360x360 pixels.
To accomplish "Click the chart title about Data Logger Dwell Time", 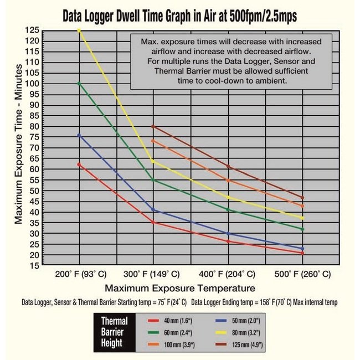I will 180,15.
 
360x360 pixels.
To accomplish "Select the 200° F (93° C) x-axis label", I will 80,274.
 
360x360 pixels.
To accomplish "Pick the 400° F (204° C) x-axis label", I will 228,274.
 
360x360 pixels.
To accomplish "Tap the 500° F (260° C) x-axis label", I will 302,274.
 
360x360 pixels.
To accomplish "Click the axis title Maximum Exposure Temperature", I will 180,288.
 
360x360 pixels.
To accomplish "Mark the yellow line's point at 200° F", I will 80,30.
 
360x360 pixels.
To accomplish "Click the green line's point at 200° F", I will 80,84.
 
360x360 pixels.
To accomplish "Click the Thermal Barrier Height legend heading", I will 114,331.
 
